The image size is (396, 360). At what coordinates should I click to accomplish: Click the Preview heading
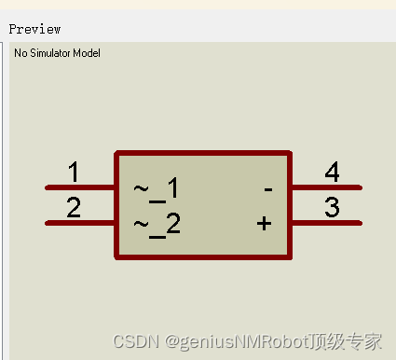click(34, 29)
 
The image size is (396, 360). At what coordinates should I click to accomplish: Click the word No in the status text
click(20, 53)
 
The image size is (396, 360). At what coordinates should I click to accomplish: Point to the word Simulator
click(50, 53)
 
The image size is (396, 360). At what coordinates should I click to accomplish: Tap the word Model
click(87, 53)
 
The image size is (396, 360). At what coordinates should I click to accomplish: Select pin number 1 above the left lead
click(74, 173)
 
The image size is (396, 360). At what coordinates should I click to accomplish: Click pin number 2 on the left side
click(74, 208)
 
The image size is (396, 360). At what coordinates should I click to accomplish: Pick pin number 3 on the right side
click(332, 208)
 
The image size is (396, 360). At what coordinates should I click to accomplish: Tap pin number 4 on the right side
click(332, 173)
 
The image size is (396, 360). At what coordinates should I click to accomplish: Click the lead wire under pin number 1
click(80, 187)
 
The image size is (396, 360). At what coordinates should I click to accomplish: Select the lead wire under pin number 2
click(80, 223)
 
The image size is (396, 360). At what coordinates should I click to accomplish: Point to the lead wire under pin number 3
click(326, 223)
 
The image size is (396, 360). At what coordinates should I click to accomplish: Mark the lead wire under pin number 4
click(326, 187)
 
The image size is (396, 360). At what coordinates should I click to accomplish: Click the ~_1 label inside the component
click(156, 190)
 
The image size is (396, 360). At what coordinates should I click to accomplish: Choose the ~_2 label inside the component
click(156, 225)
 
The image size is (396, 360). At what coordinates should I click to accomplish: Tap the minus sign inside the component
click(267, 189)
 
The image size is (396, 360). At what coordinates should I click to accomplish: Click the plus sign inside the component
click(265, 224)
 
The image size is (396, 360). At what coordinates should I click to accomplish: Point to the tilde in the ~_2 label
click(141, 223)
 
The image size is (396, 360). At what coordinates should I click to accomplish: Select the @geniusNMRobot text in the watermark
click(229, 341)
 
